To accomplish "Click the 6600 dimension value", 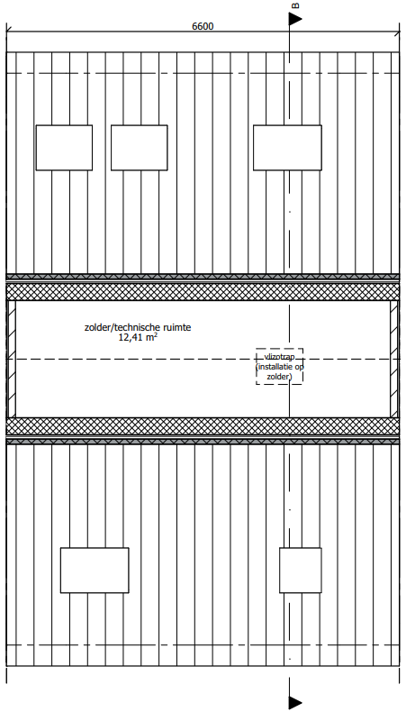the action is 203,26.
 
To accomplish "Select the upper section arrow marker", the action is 295,19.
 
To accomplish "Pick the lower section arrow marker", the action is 295,702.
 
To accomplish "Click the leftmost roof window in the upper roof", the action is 64,148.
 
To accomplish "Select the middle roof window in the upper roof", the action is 140,148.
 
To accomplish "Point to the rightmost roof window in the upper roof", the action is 287,148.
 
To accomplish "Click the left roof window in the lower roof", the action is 95,571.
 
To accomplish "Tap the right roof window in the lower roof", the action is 301,571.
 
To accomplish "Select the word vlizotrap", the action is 279,358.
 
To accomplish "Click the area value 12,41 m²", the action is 138,337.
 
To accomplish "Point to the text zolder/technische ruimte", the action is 138,327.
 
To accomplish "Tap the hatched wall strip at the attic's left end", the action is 12,359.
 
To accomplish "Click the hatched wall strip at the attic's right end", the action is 394,359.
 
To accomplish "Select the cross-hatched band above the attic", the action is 203,291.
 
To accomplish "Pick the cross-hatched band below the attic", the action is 203,426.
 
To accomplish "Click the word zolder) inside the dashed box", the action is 279,377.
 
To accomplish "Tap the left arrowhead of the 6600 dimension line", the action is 9,32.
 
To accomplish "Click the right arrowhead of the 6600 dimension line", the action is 397,32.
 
